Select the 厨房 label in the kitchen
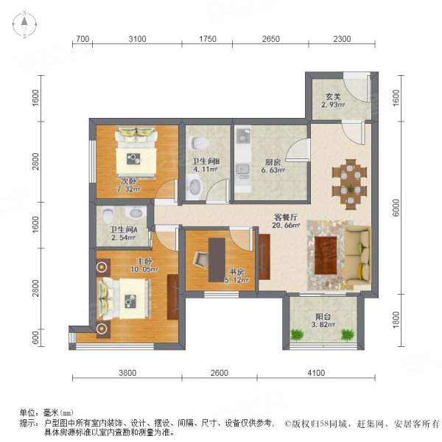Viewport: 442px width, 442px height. (x=273, y=165)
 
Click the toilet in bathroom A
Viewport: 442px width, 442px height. (x=108, y=215)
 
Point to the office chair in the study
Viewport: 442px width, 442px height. (x=201, y=260)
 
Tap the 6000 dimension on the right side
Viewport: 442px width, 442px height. (x=396, y=208)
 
